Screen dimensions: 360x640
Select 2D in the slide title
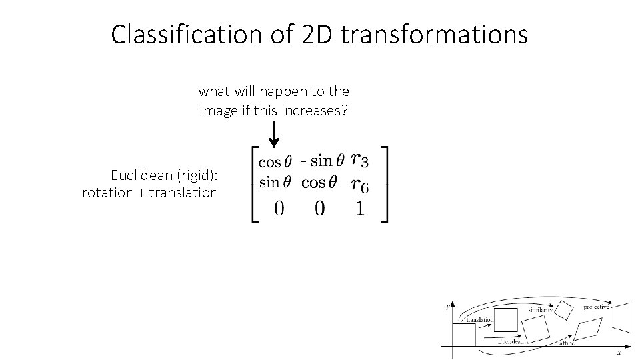pos(314,35)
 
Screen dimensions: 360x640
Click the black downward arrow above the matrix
pos(274,133)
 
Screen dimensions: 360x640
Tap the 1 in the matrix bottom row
pos(359,209)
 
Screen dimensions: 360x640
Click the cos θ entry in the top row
pos(274,161)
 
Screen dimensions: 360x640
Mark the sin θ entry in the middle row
pos(274,183)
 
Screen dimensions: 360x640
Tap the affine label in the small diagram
pos(567,342)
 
